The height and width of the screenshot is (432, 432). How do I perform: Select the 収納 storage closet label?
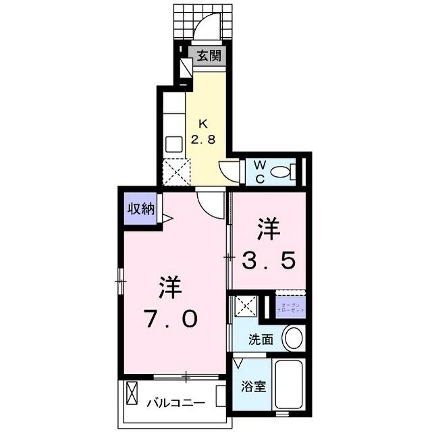141,209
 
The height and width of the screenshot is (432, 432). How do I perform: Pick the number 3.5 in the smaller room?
267,261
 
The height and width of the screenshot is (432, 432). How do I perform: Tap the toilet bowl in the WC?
281,173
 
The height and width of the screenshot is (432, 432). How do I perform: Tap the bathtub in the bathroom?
290,384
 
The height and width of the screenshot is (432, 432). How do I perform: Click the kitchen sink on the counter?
173,144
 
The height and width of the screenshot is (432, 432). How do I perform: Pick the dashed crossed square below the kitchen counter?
177,172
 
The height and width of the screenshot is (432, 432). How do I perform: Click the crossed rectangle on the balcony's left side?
132,394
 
